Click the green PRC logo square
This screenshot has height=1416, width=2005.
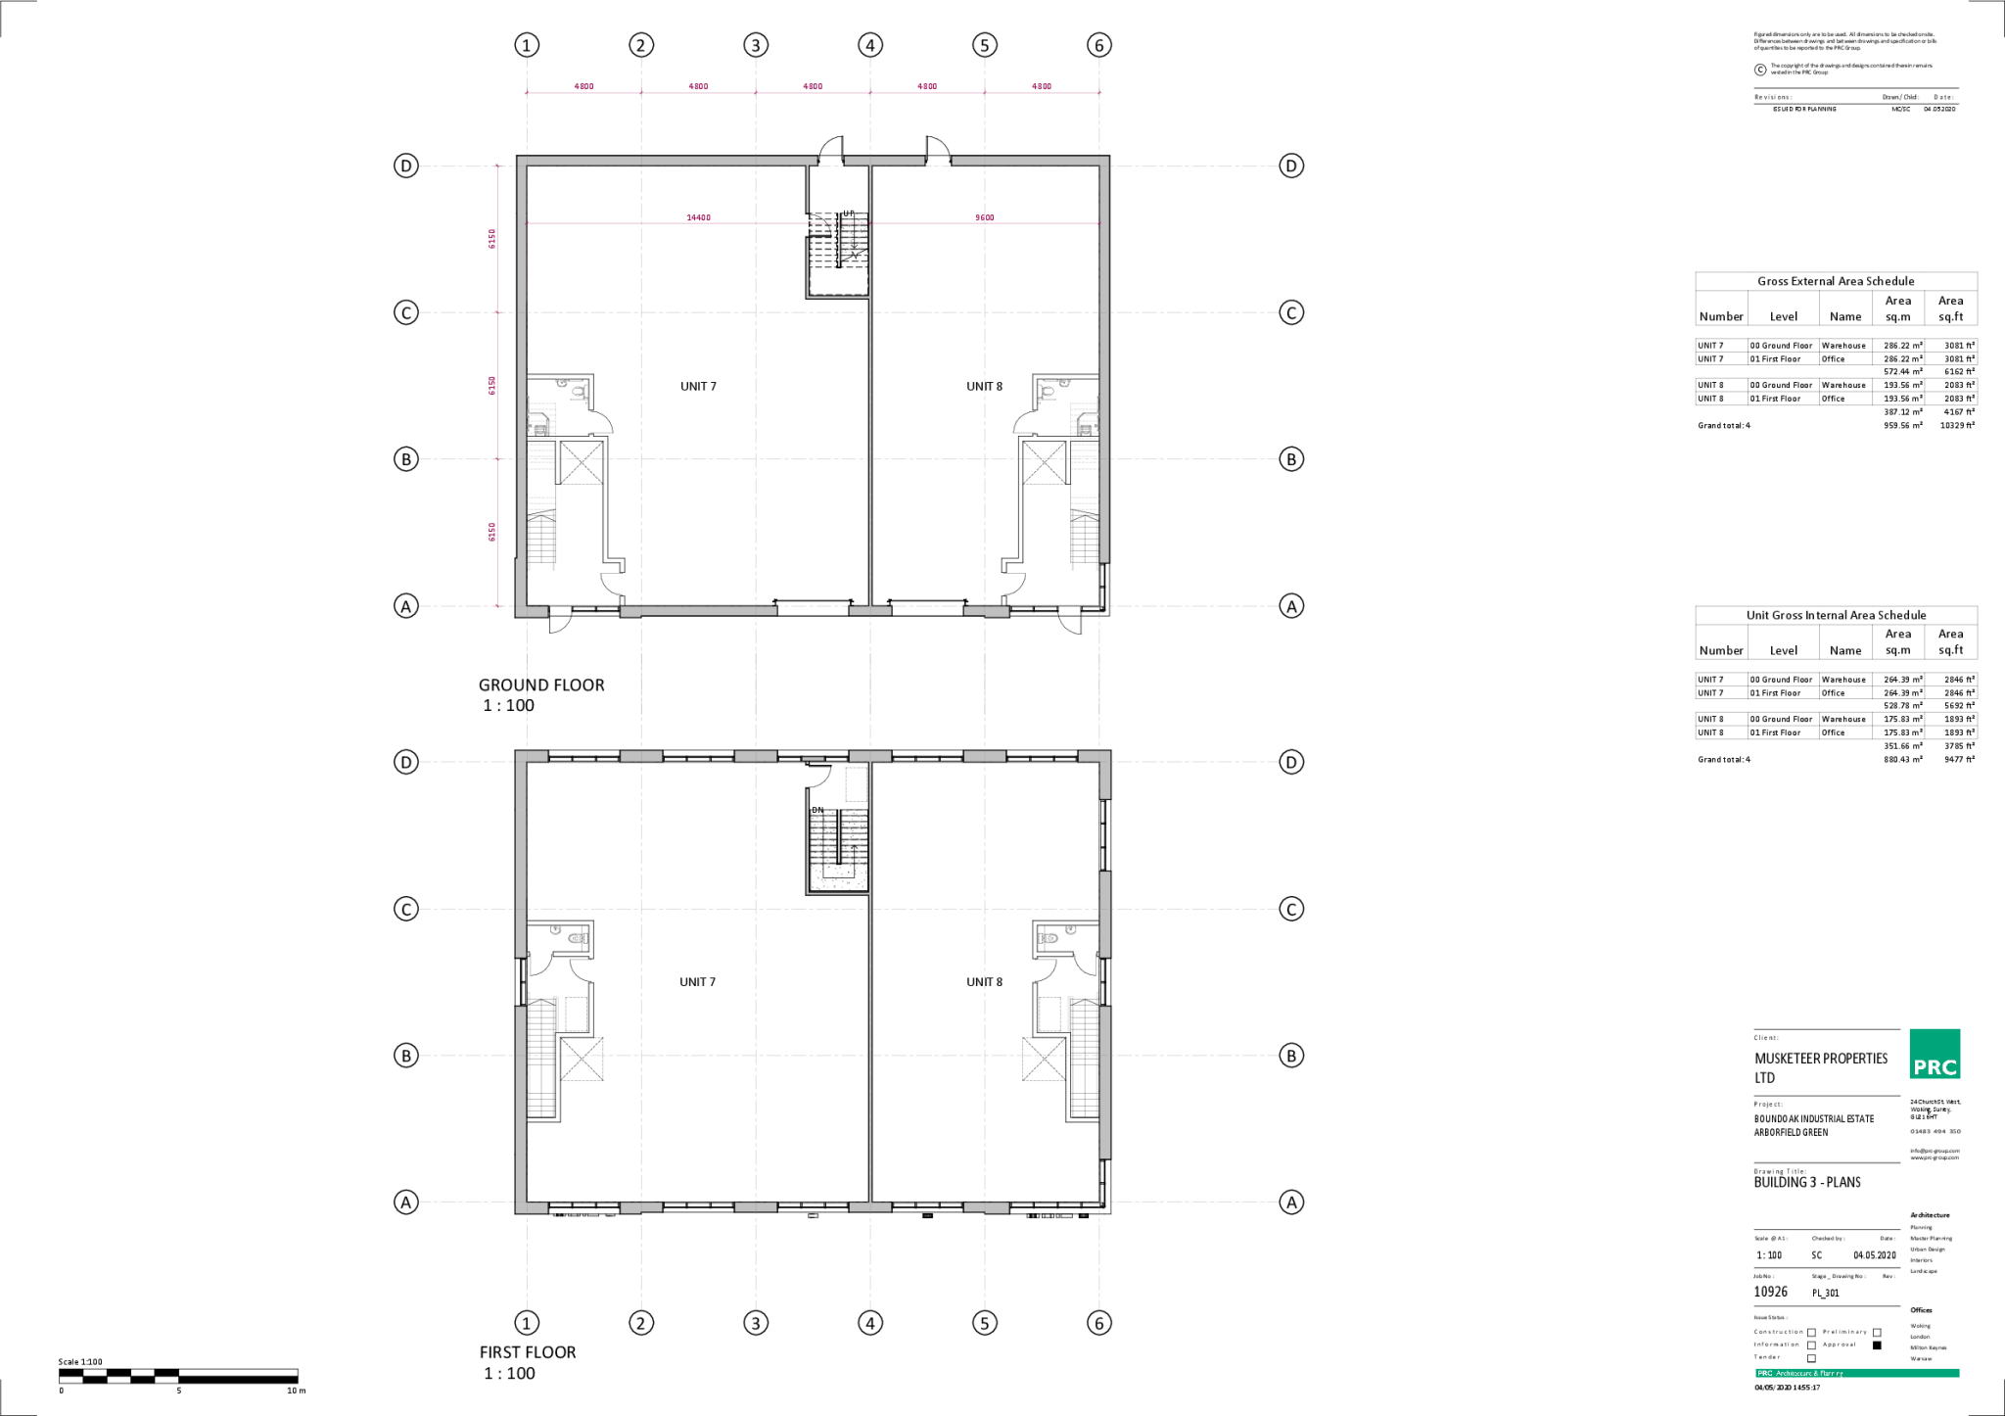point(1934,1054)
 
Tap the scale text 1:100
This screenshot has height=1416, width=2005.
point(1768,1254)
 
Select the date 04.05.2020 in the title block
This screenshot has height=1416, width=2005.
point(1874,1254)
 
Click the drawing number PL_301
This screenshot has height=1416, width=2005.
point(1825,1293)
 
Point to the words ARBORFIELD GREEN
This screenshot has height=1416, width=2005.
point(1790,1133)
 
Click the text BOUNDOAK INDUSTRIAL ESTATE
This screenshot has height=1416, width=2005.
point(1813,1118)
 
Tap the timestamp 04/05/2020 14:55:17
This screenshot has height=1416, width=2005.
point(1786,1388)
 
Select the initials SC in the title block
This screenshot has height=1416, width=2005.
point(1816,1254)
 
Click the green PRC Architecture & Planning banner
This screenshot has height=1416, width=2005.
point(1857,1373)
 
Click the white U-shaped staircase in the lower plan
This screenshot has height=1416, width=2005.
point(838,850)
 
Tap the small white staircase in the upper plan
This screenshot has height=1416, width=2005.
point(854,236)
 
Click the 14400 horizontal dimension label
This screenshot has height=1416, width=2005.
point(698,218)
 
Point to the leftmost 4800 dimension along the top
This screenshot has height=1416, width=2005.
point(583,86)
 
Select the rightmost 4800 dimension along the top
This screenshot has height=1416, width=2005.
point(1042,86)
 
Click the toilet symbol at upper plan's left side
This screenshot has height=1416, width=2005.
point(580,392)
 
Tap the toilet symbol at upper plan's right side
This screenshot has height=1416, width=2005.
point(1047,392)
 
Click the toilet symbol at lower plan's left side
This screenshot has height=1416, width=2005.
point(579,938)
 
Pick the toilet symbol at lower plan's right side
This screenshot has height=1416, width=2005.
point(1048,938)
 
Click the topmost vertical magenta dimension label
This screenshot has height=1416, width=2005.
point(491,238)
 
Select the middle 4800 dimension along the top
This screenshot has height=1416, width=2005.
point(813,86)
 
